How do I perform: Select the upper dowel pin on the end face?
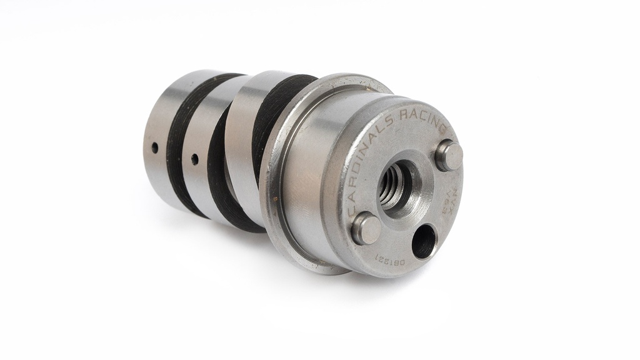449,155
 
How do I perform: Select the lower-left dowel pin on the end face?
366,228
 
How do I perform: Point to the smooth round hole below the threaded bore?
424,241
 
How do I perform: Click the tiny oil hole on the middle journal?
194,159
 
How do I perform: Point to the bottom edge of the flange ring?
325,269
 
